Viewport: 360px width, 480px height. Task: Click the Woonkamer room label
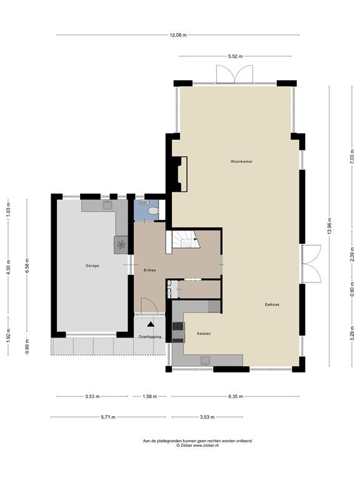coord(241,161)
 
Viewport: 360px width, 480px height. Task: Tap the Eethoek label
coord(272,304)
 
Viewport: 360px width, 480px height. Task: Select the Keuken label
coord(204,333)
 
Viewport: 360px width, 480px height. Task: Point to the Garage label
coord(92,266)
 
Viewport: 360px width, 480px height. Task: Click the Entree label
coord(150,270)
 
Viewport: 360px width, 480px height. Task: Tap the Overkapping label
coord(150,337)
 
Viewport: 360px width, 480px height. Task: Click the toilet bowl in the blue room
coord(152,211)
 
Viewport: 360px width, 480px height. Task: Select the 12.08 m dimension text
coord(178,35)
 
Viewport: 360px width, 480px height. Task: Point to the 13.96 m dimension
coord(329,226)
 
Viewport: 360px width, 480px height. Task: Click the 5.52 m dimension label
coord(235,56)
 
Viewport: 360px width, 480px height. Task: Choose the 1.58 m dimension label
coord(150,396)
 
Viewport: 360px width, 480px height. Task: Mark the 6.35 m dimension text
coord(236,396)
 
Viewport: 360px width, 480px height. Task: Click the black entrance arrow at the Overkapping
coord(151,324)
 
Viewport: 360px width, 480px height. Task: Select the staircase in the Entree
coord(183,239)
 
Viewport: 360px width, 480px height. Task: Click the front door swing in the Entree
coord(149,305)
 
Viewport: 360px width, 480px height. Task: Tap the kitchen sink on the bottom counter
coord(205,360)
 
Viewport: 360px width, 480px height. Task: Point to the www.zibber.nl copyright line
coord(197,446)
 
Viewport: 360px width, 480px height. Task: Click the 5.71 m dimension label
coord(108,417)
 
